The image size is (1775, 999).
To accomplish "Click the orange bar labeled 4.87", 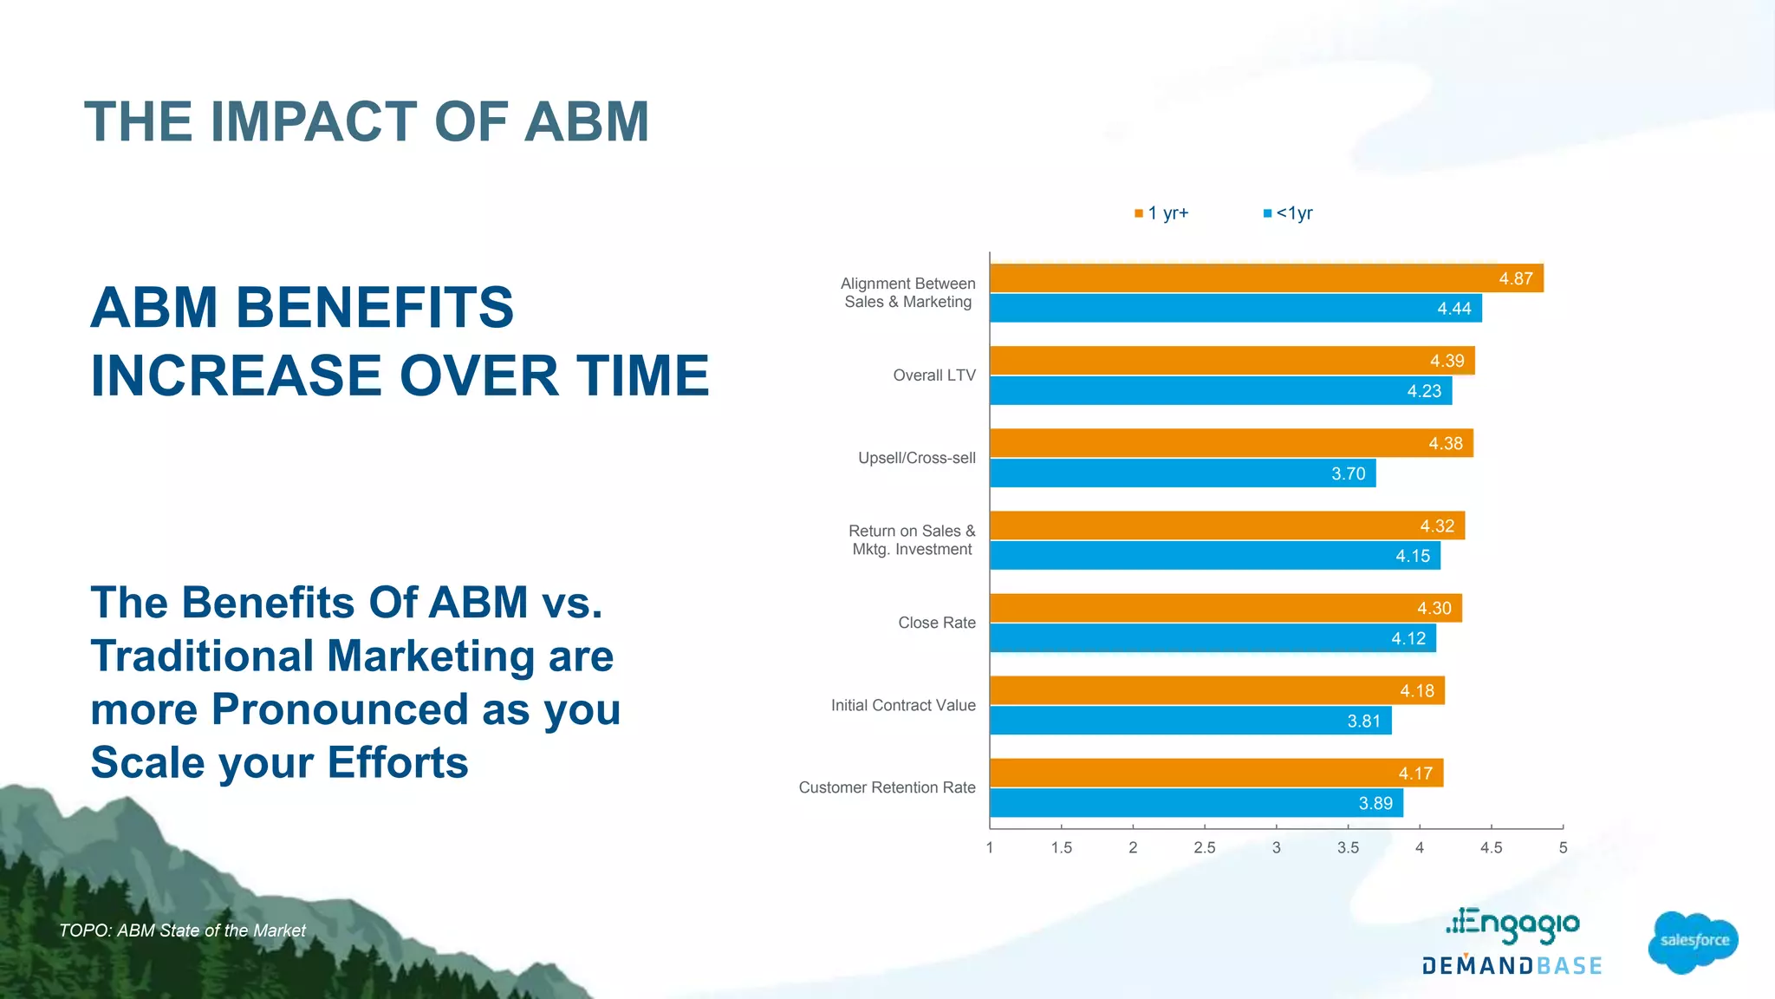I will coord(1265,278).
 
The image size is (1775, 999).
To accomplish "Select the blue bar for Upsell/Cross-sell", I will coord(1182,473).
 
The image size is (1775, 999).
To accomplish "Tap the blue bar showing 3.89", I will coord(1196,803).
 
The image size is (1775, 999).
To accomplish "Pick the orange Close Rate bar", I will coord(1226,608).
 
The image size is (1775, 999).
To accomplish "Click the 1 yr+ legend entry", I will coord(1162,213).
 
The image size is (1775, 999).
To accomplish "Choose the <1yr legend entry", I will coord(1289,213).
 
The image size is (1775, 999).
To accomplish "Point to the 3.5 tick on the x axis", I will coord(1348,847).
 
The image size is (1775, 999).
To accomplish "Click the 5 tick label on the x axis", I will coord(1563,847).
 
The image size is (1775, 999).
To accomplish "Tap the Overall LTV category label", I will coord(933,375).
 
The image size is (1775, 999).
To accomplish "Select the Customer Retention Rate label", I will coord(887,787).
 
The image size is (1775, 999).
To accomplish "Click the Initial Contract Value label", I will coord(903,705).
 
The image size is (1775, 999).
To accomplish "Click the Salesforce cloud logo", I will coord(1693,941).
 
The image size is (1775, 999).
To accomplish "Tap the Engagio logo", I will coord(1513,924).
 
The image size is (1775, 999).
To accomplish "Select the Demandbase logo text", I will coord(1512,966).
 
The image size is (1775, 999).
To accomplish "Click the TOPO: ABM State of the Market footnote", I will coord(182,930).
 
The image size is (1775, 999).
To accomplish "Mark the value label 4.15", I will coord(1413,556).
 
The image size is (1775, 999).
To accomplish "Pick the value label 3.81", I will coord(1363,721).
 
